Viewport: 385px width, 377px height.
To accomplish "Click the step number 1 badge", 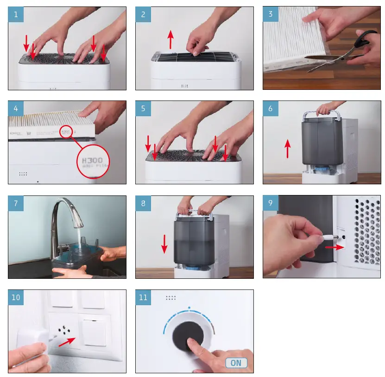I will pos(16,14).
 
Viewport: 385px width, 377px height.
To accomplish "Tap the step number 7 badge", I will pos(16,203).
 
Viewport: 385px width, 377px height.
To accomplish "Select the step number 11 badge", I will pos(143,297).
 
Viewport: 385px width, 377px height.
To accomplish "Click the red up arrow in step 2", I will pos(170,39).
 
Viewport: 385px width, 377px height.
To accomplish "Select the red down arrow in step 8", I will pos(164,244).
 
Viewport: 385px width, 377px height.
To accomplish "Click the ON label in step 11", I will pos(236,363).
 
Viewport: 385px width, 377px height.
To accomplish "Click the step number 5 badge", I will pos(143,109).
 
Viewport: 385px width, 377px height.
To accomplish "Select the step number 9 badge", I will pos(271,203).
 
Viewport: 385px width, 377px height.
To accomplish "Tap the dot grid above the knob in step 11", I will pos(170,298).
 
